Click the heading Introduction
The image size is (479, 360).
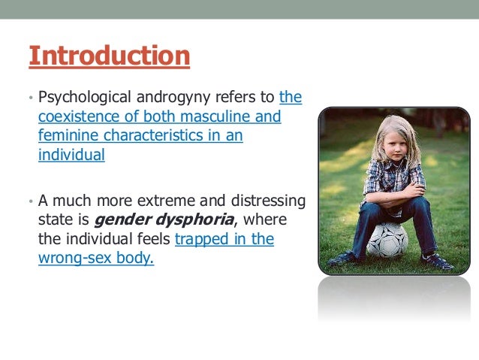(x=109, y=56)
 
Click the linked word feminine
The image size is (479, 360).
(x=66, y=136)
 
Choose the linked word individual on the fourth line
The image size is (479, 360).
(x=71, y=156)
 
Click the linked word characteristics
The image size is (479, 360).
(x=152, y=136)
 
